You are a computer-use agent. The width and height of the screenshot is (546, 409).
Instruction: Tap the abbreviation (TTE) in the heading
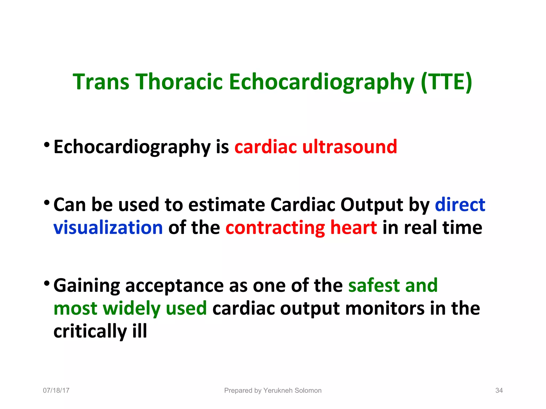click(x=447, y=82)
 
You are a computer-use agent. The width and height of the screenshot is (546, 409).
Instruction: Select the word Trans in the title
click(x=101, y=82)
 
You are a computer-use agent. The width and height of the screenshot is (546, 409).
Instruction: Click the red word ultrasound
click(x=350, y=147)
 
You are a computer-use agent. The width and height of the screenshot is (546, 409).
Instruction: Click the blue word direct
click(x=460, y=205)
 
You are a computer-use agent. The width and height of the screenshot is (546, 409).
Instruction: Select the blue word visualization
click(x=108, y=228)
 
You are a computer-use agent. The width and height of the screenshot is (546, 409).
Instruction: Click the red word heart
click(x=354, y=228)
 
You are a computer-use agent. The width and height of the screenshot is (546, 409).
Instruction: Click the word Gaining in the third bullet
click(x=87, y=286)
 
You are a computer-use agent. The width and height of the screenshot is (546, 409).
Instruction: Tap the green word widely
click(x=131, y=308)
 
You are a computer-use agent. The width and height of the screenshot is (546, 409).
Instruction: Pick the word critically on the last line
click(x=90, y=332)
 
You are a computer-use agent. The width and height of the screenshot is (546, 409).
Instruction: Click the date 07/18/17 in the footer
click(x=56, y=390)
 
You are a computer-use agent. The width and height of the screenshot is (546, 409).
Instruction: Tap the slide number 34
click(x=499, y=390)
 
